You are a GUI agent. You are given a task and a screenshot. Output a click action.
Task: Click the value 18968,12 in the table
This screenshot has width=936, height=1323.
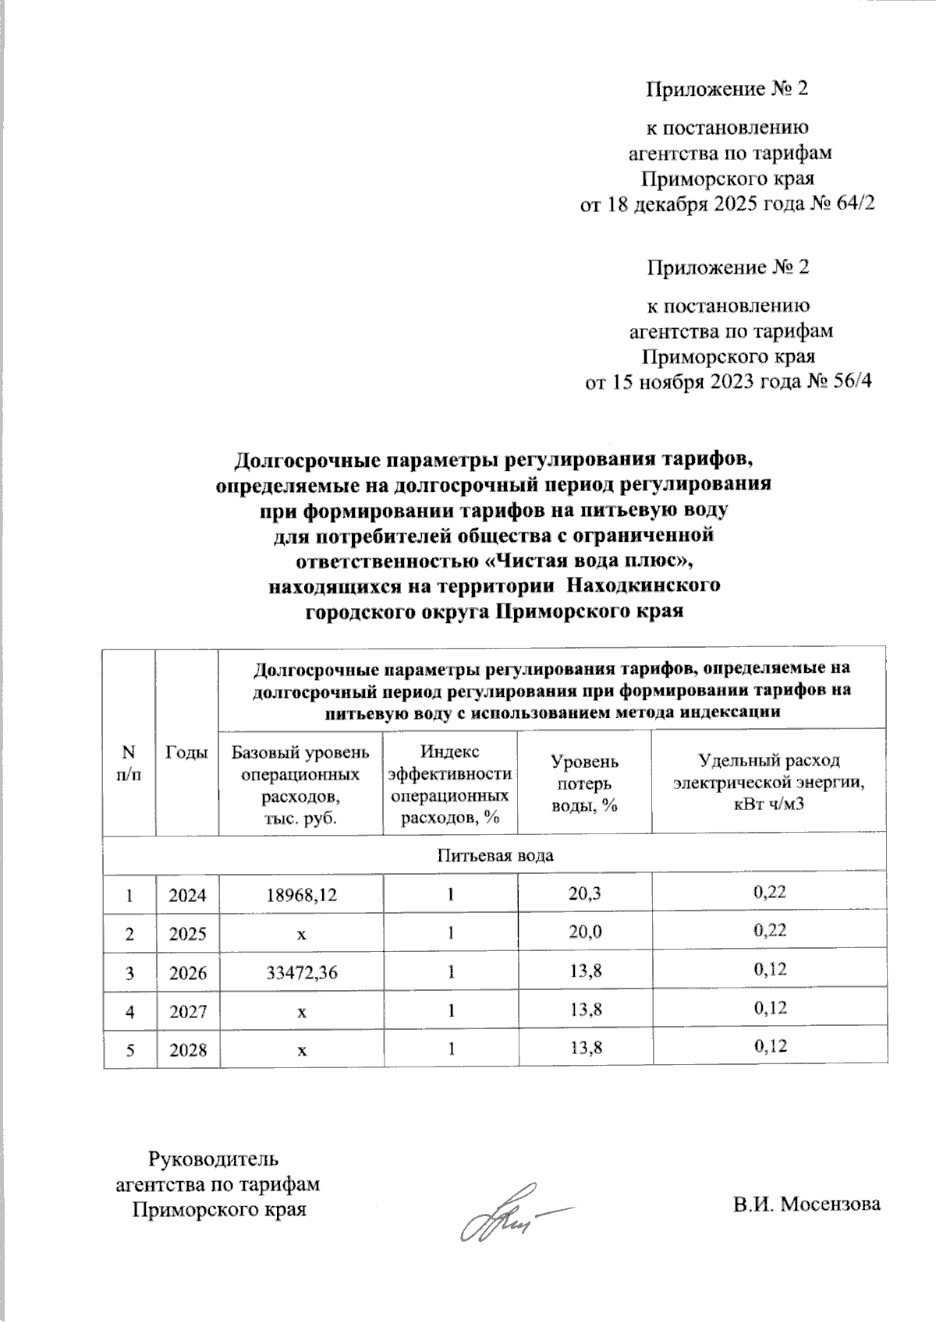click(300, 895)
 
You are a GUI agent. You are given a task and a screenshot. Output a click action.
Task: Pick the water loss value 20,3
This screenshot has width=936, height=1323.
click(585, 893)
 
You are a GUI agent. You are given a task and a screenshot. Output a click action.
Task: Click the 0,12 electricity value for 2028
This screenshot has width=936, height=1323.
click(769, 1045)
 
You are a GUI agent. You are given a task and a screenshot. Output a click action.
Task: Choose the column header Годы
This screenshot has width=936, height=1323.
click(188, 752)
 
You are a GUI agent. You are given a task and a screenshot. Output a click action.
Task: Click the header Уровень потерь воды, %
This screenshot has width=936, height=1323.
click(585, 784)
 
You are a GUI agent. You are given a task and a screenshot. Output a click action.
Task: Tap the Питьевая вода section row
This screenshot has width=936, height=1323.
click(495, 855)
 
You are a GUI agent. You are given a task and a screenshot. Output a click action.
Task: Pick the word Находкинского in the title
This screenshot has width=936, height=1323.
click(641, 585)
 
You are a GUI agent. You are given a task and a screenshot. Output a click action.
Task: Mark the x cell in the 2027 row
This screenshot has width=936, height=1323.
click(300, 1011)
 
